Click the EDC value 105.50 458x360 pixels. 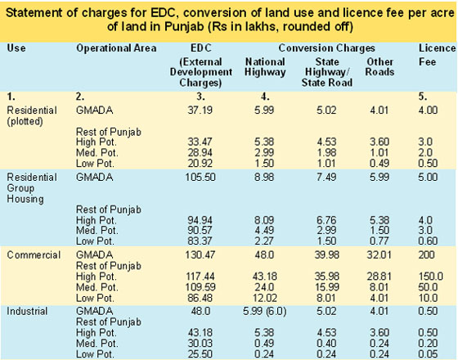point(200,177)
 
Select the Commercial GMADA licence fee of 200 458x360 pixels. point(426,254)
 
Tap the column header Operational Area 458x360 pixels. point(116,48)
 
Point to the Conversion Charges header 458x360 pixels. point(326,48)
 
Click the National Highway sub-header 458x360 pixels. point(265,67)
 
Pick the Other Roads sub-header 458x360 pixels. point(379,67)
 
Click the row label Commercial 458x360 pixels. point(34,254)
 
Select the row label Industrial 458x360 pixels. point(27,311)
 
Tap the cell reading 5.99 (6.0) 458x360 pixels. point(265,311)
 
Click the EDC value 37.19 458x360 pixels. point(200,110)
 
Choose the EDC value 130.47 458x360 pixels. point(200,254)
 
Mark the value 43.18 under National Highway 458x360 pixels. point(264,277)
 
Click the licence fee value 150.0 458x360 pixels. point(430,277)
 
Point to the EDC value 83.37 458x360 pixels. point(200,241)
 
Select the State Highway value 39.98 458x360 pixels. point(327,254)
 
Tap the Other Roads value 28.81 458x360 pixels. point(379,277)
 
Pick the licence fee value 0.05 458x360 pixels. point(428,354)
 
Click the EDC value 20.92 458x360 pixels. point(200,164)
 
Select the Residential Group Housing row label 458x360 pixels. point(32,188)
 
